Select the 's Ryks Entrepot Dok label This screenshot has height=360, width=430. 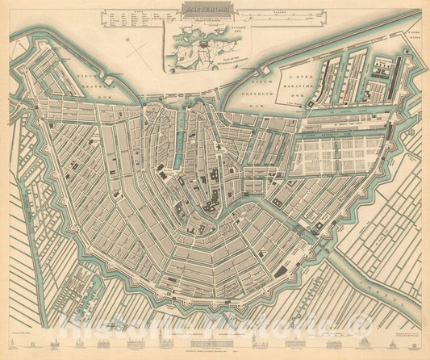point(331,136)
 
